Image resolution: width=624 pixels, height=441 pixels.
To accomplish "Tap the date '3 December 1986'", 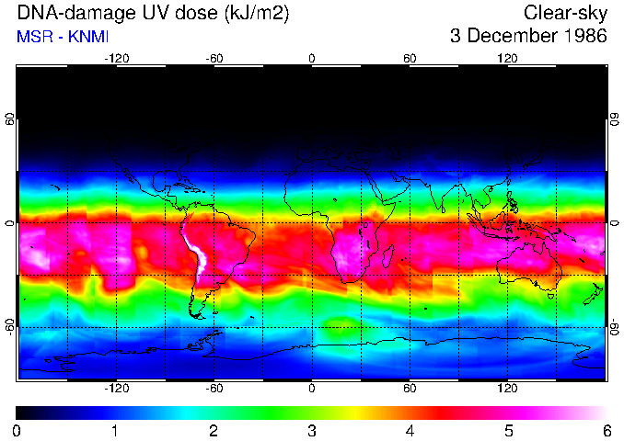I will coord(528,37).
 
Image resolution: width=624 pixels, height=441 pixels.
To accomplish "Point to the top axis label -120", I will coord(116,58).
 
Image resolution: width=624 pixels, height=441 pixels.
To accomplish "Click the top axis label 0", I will coord(312,58).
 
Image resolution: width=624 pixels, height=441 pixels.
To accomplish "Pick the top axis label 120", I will coord(507,58).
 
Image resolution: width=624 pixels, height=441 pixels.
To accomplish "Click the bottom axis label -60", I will coord(214,388).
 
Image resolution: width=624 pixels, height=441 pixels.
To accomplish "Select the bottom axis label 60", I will coord(410,388).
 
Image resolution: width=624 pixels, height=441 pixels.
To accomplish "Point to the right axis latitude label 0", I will coord(614,223).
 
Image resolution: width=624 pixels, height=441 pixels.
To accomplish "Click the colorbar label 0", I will coord(17,430).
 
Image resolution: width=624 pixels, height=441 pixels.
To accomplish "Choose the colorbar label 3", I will coord(312,430).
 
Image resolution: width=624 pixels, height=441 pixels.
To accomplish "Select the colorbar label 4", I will coord(410,430).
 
